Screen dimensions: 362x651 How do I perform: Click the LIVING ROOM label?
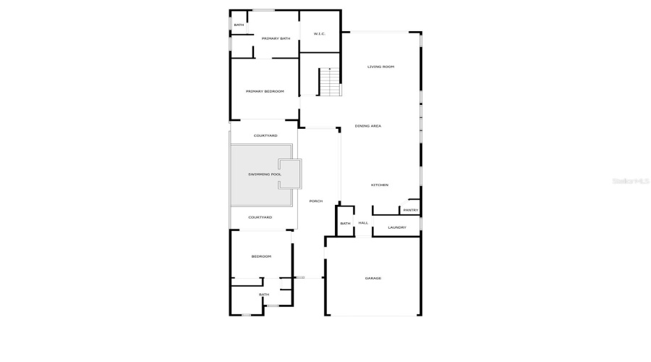pos(380,67)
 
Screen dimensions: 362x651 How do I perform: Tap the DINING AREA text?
pos(367,126)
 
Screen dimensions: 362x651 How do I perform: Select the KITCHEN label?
pos(380,185)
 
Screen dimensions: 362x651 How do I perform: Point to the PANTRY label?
pos(410,210)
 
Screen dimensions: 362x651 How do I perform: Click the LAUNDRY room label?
pos(396,227)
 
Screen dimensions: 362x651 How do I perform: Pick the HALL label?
pos(363,223)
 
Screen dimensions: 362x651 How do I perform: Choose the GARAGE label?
pos(373,278)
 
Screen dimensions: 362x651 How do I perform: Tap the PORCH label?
pos(315,201)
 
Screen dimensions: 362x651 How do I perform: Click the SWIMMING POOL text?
pos(265,174)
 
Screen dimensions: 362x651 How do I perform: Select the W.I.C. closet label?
pos(319,34)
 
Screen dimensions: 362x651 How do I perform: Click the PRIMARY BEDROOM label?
pos(265,91)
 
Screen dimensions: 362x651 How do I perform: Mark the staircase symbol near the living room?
pos(330,82)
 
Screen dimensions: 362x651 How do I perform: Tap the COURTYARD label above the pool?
pos(265,135)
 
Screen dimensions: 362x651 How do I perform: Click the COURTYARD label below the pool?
pos(260,217)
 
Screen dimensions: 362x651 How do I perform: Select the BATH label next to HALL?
pos(345,224)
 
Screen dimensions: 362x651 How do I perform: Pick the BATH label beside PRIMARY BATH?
pos(239,25)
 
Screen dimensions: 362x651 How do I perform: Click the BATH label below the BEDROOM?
pos(264,295)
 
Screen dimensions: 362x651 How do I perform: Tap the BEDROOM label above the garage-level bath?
pos(261,256)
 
